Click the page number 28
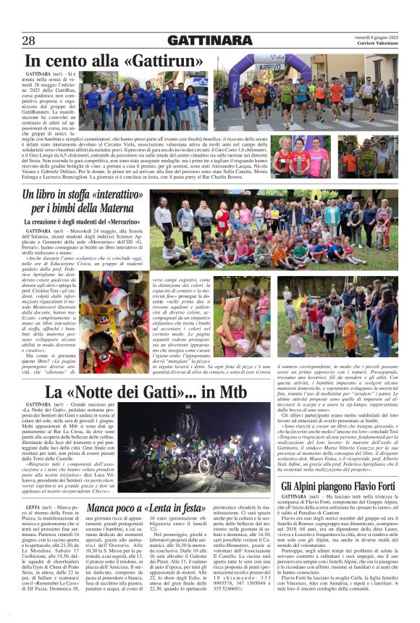coord(30,41)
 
